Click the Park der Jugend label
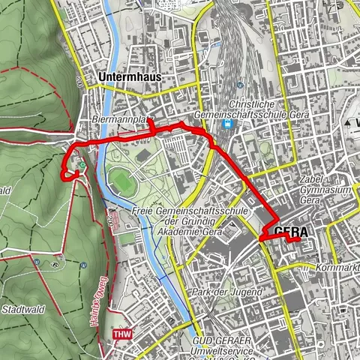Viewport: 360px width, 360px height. pyautogui.click(x=226, y=291)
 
